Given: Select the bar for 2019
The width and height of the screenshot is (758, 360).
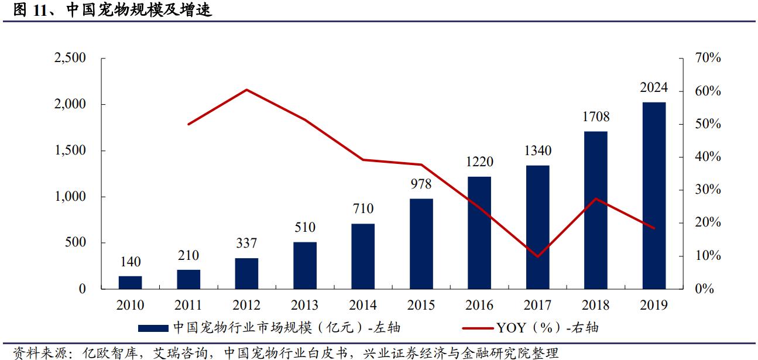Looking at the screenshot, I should (x=653, y=196).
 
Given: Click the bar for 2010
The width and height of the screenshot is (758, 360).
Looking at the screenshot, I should (x=130, y=282).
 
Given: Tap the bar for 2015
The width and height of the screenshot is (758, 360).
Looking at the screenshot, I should (x=421, y=244).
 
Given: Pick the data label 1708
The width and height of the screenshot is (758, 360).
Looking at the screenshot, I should (x=595, y=116).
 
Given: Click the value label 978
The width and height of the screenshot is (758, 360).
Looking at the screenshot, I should (x=421, y=184).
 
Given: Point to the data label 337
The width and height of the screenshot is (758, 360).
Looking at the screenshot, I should (x=246, y=243).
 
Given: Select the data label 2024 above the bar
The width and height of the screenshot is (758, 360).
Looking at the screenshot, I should (x=653, y=88).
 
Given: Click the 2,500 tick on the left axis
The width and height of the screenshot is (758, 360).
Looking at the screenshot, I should (x=70, y=58).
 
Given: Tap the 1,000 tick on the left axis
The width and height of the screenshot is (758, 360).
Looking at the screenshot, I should (x=70, y=197).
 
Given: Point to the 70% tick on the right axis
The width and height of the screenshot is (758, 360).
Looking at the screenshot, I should (x=708, y=58).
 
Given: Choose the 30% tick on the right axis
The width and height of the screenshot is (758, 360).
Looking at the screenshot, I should (x=708, y=190).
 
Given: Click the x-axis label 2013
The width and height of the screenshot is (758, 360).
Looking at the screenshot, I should (x=304, y=305).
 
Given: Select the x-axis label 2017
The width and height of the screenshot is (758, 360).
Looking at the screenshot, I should (x=537, y=305).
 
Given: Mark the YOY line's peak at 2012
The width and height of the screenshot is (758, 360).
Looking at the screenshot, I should (x=246, y=90).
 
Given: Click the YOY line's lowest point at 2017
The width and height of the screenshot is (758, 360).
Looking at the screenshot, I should (x=537, y=256).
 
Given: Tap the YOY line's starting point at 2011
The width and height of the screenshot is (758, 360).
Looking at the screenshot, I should (x=188, y=124).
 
